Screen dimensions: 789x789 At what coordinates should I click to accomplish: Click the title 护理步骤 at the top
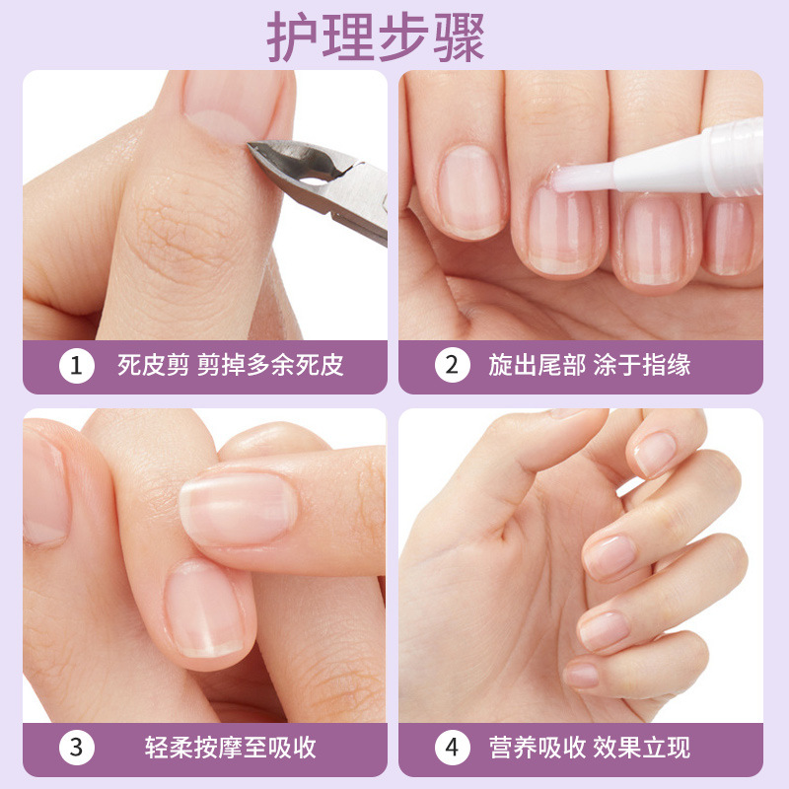point(376,37)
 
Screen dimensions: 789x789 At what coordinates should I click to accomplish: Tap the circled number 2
point(453,366)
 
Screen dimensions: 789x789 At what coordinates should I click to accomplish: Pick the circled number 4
point(453,747)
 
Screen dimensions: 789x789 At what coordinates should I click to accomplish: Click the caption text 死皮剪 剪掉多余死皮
point(231,367)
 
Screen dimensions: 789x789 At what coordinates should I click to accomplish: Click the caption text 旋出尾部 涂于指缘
point(590,366)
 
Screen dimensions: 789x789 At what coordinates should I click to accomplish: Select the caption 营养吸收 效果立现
point(590,747)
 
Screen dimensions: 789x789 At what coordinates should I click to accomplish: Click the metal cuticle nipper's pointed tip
point(253,147)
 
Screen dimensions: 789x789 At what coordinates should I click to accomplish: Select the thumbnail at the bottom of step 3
point(205,611)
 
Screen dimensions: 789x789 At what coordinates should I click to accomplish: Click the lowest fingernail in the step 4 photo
point(583,675)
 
